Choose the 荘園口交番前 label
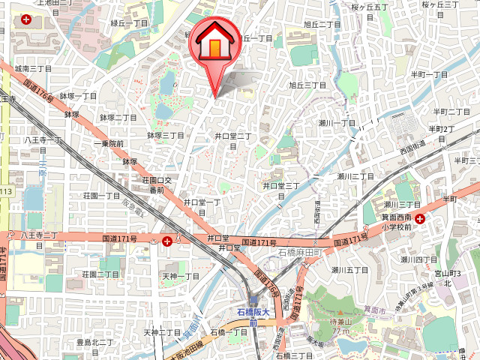pos(157,185)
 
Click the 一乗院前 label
pos(109,143)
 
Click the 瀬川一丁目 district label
pos(336,122)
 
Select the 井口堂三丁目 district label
pos(281,190)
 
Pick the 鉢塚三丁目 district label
pos(166,136)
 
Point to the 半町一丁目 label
pos(429,74)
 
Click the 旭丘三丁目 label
pos(307,85)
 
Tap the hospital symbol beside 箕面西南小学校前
pos(420,220)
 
